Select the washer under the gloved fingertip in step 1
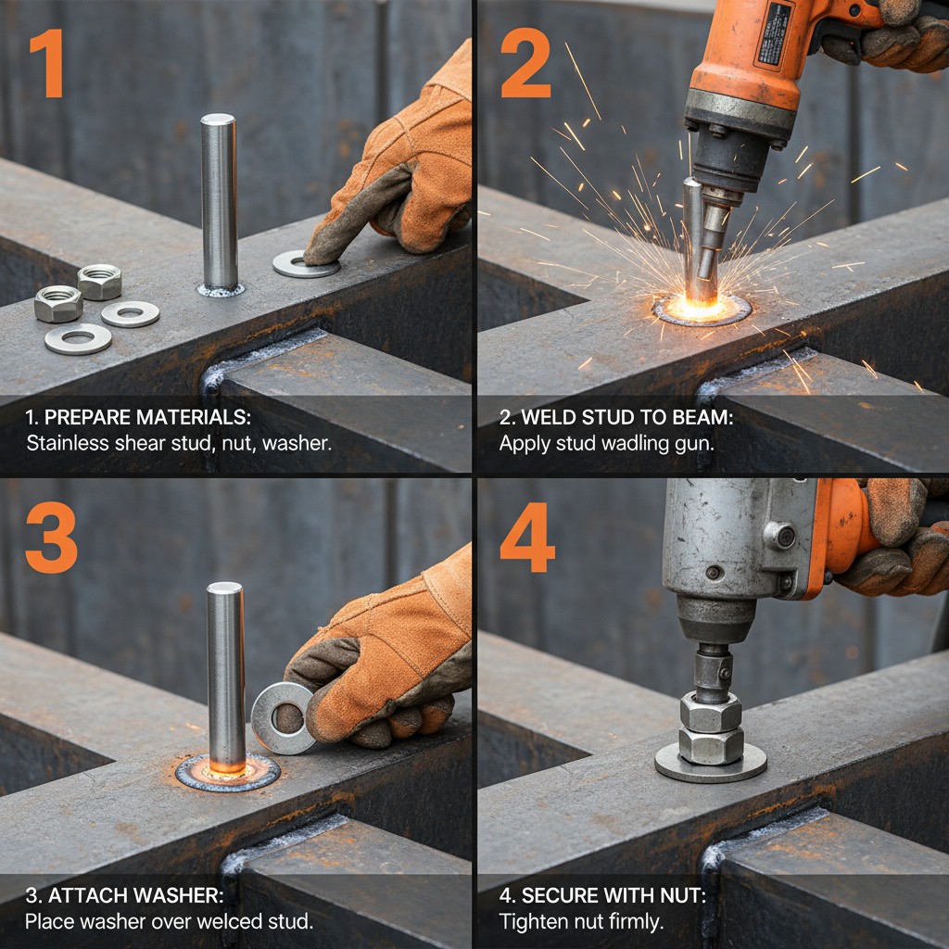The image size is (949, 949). pos(305,264)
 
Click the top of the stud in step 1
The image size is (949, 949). pos(218,120)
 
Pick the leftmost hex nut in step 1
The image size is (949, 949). pos(57,304)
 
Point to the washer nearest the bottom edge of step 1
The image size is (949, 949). pos(78,339)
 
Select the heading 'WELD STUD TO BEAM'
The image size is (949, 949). pos(616,418)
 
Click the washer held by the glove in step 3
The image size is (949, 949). pos(281,717)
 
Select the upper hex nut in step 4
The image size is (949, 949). pos(711,712)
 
